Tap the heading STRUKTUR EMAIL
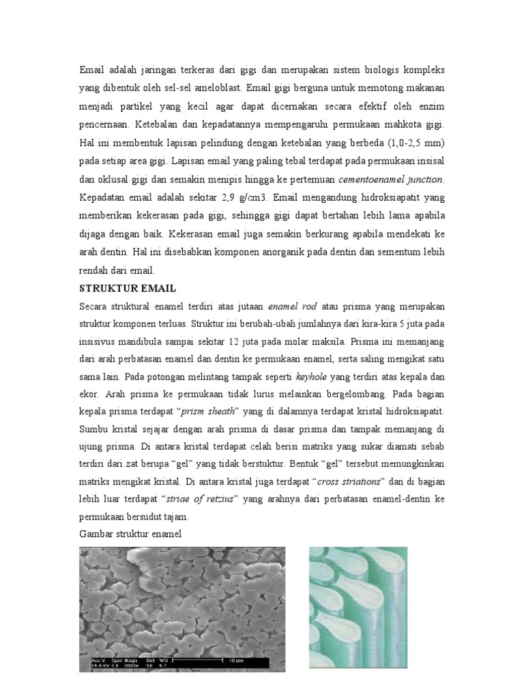coord(128,288)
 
